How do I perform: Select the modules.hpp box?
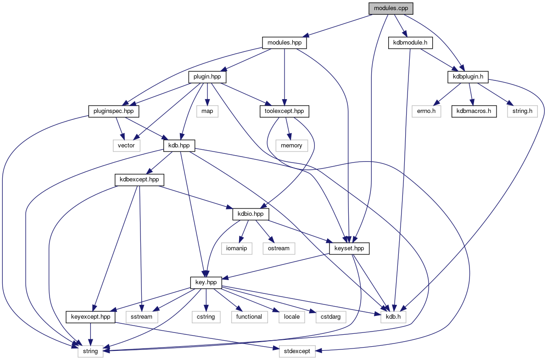(285, 43)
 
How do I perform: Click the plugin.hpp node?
(207, 76)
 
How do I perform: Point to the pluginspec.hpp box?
(114, 111)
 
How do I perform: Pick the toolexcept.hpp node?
(285, 111)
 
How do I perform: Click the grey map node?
(207, 111)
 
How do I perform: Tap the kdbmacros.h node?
(474, 111)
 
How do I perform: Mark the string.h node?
(522, 111)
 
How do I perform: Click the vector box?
(126, 145)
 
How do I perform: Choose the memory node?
(292, 145)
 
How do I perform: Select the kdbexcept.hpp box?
(140, 179)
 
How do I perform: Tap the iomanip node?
(237, 248)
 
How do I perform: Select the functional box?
(250, 316)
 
